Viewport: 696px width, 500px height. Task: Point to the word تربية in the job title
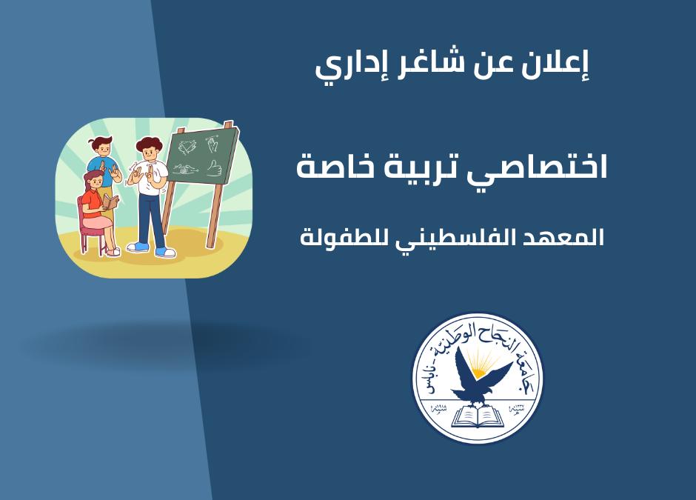[435, 167]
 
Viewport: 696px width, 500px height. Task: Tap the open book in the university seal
[478, 417]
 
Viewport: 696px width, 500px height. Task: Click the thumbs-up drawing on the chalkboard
[215, 167]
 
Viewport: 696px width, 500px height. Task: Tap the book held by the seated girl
[110, 201]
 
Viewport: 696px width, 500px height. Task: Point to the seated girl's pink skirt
[100, 220]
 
